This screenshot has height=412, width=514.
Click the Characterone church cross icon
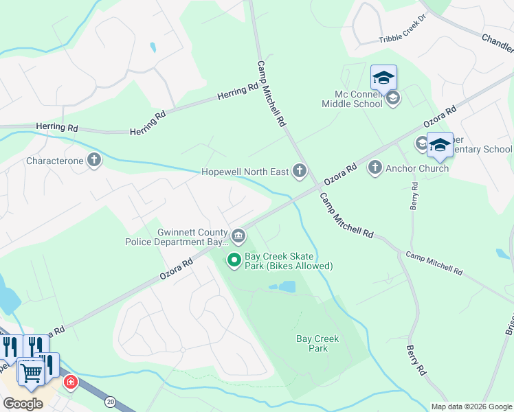click(94, 161)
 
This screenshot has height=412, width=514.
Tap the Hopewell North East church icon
click(299, 171)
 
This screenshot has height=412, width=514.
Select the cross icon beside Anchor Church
click(375, 168)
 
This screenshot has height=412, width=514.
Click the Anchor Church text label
click(417, 168)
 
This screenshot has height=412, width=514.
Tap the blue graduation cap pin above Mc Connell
click(383, 77)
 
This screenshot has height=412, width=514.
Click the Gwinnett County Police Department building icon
click(238, 236)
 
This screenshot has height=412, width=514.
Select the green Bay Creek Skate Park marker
click(234, 260)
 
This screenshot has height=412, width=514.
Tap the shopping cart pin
click(32, 372)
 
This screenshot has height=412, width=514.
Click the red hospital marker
click(69, 382)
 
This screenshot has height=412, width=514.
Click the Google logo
click(23, 404)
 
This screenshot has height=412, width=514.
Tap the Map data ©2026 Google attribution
click(471, 407)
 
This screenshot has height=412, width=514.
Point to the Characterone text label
click(55, 161)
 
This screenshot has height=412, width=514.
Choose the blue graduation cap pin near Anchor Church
click(440, 145)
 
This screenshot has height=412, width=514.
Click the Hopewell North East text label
click(245, 172)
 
